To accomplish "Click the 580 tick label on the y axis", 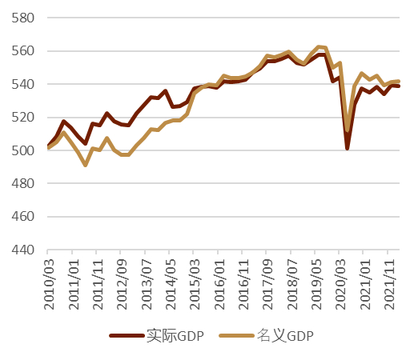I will coord(23,18).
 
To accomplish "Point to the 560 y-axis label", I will coord(23,51).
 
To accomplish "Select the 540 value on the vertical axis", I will coord(23,84).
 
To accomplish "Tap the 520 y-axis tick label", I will coord(23,118).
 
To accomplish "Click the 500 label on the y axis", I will coord(23,150).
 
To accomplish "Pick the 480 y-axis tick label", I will coord(23,184).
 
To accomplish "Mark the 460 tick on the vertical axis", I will coord(23,217).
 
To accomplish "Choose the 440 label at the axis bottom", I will coord(23,250).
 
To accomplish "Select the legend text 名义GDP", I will coord(285,336).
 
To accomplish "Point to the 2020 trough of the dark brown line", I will coord(348,148).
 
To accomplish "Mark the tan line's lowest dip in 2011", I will coord(86,165).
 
